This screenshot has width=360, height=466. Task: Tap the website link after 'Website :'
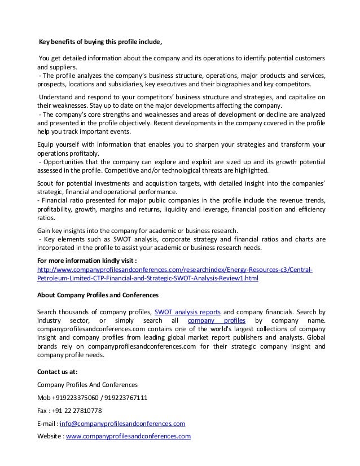tap(129, 436)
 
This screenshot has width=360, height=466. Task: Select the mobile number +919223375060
tap(78, 397)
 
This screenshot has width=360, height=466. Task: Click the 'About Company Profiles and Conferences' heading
tap(98, 294)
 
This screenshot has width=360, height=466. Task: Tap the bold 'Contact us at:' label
tap(58, 371)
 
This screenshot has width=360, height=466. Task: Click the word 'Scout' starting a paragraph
tap(46, 184)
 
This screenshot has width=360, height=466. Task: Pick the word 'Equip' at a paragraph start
tap(46, 144)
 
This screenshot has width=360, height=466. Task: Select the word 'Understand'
tap(57, 96)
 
